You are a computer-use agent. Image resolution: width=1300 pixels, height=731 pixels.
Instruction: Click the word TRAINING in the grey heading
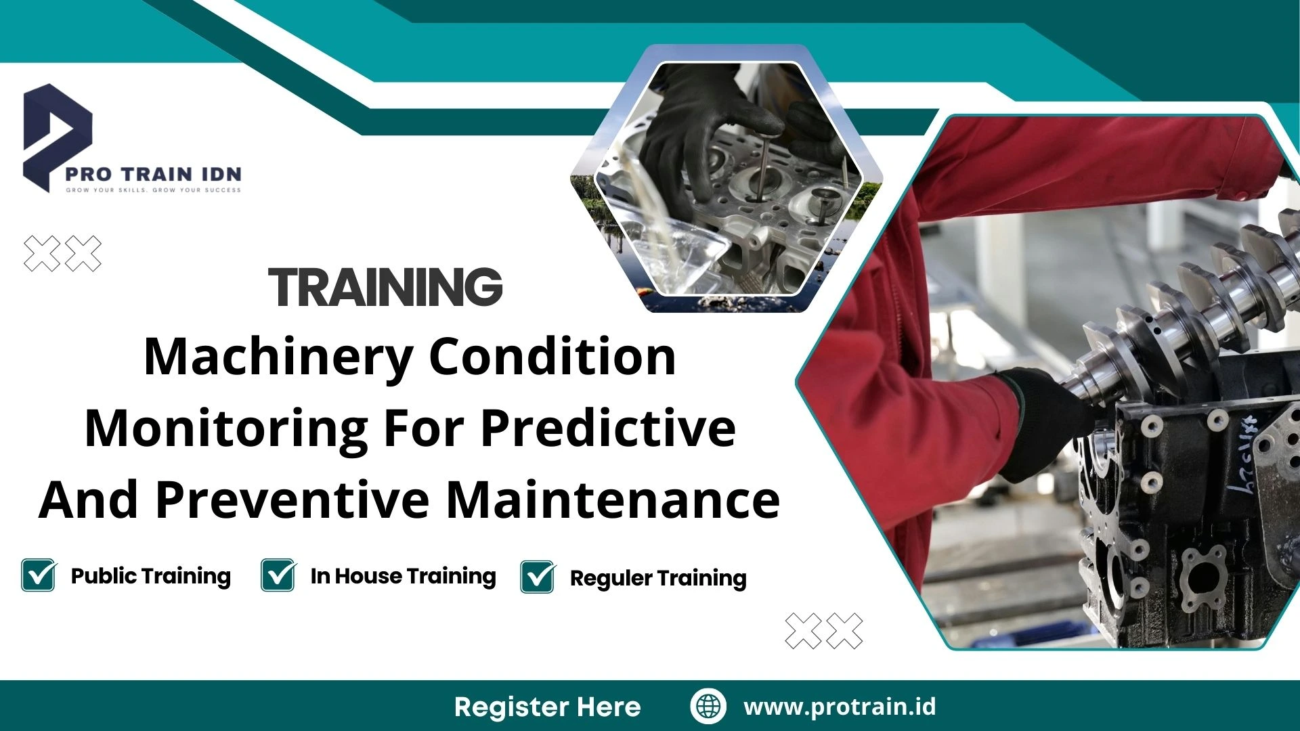pyautogui.click(x=385, y=287)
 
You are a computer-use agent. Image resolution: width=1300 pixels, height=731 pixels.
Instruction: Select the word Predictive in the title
pyautogui.click(x=608, y=428)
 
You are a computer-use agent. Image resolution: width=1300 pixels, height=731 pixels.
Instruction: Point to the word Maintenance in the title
pyautogui.click(x=613, y=500)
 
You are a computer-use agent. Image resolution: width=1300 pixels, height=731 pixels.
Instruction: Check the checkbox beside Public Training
pyautogui.click(x=39, y=575)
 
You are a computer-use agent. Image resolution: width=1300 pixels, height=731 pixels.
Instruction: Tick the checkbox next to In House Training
pyautogui.click(x=278, y=575)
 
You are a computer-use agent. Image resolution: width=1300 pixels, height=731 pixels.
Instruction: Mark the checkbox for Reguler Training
pyautogui.click(x=538, y=577)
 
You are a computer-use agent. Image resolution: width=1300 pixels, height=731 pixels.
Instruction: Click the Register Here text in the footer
pyautogui.click(x=547, y=707)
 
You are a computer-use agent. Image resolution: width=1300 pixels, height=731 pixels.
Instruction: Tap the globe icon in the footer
pyautogui.click(x=708, y=706)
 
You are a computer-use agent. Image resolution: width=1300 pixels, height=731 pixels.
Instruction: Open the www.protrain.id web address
pyautogui.click(x=840, y=707)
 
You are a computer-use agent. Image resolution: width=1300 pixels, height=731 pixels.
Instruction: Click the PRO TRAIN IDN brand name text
pyautogui.click(x=153, y=174)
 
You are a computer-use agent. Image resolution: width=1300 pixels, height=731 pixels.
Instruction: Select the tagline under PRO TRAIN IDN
pyautogui.click(x=153, y=190)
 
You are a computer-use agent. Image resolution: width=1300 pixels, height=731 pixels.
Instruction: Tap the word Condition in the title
pyautogui.click(x=552, y=357)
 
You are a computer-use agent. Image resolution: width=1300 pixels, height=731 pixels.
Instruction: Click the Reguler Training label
pyautogui.click(x=658, y=579)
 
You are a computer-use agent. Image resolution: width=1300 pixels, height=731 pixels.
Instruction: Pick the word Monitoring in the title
pyautogui.click(x=226, y=428)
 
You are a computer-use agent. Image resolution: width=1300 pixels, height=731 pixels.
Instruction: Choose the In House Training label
pyautogui.click(x=403, y=576)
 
